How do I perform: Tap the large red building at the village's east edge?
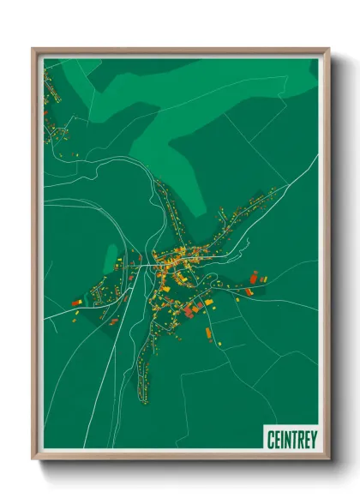(254, 276)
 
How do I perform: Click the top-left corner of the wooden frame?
(33, 49)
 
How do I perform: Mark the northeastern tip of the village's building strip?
(274, 190)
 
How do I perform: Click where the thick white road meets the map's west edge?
(45, 317)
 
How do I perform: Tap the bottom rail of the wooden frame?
(180, 459)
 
